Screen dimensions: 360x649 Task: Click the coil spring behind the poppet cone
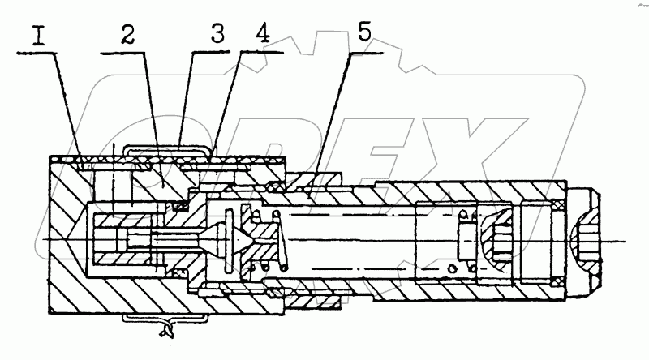point(271,240)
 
